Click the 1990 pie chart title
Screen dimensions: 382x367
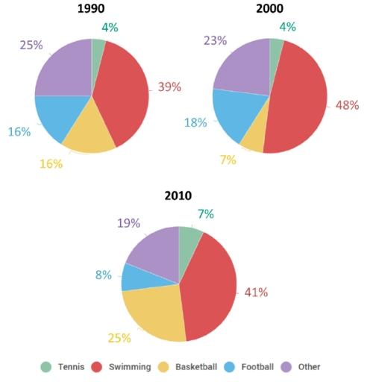pyautogui.click(x=92, y=10)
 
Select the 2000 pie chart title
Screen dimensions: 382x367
pyautogui.click(x=270, y=10)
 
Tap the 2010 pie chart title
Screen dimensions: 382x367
pyautogui.click(x=178, y=195)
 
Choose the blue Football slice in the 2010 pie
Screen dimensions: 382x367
pyautogui.click(x=136, y=277)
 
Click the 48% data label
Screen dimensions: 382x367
pyautogui.click(x=348, y=106)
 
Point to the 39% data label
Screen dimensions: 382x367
pyautogui.click(x=169, y=87)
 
